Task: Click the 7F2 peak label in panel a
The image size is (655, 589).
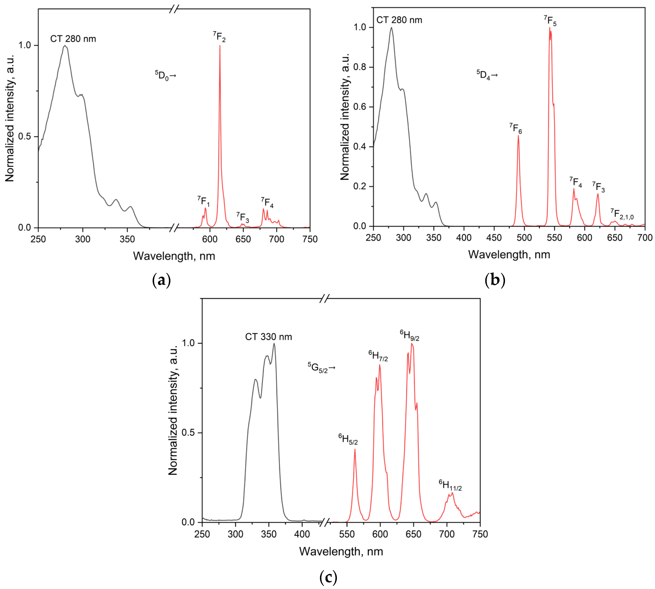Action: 219,37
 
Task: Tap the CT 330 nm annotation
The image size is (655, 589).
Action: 268,337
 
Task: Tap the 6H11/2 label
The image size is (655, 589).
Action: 450,485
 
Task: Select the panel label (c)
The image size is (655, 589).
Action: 328,577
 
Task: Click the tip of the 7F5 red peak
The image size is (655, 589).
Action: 549,28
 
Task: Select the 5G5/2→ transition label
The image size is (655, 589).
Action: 321,368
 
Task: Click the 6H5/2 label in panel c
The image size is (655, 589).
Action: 348,439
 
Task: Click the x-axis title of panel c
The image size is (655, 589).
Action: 341,551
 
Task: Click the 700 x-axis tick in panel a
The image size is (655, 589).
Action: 277,239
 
